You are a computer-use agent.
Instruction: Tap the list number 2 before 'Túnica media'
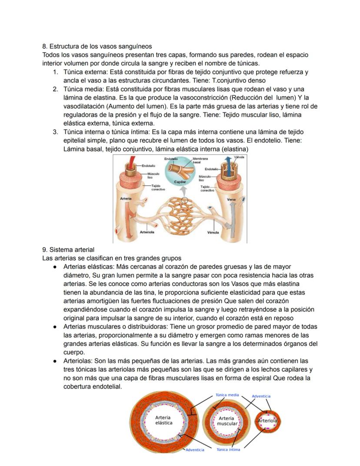pos(56,89)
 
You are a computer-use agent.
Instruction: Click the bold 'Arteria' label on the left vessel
pos(126,198)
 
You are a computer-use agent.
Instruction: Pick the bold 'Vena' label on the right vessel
pos(231,199)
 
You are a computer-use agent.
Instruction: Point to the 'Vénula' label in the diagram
pos(213,232)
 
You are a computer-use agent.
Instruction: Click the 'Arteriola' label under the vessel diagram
pos(147,232)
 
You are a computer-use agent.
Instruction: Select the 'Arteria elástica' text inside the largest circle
pos(164,420)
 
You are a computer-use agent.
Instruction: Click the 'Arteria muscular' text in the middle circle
pos(227,421)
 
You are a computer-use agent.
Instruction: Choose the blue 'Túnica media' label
pos(227,395)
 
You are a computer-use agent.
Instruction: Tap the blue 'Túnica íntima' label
pos(228,450)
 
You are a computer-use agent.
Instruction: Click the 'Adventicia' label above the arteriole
pos(261,396)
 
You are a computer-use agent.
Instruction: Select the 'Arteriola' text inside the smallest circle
pos(267,421)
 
